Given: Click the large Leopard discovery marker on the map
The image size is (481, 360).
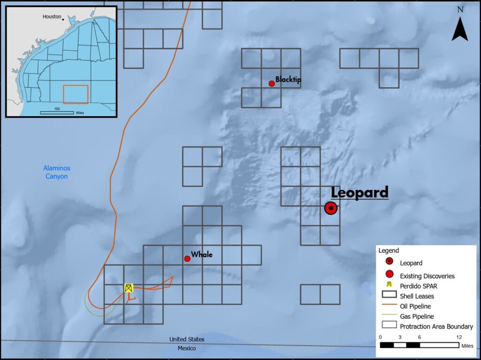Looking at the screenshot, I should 331,208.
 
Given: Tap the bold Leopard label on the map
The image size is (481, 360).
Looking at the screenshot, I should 360,192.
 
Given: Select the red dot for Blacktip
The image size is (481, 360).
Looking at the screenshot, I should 272,84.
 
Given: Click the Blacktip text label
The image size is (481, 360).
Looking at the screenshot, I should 288,79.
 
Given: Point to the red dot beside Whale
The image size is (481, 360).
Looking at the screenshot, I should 187,258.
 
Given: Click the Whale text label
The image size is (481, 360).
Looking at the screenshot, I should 202,255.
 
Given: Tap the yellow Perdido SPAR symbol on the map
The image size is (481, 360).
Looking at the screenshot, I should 129,288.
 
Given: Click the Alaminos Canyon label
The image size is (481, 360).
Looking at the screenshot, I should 56,172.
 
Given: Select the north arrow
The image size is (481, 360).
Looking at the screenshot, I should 460,30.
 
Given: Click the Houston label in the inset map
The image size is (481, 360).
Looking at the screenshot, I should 52,16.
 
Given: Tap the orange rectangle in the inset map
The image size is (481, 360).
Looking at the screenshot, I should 76,94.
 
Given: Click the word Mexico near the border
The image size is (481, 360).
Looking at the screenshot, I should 186,348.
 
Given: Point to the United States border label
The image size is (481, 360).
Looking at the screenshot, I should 186,339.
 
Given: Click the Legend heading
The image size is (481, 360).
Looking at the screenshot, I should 389,251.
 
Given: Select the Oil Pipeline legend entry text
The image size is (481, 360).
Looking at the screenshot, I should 415,306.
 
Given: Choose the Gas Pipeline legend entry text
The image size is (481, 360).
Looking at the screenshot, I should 417,316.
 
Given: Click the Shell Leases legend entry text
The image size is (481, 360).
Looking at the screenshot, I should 417,296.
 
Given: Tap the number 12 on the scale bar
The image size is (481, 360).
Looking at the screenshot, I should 459,337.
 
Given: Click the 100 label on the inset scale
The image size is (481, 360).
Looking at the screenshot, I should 57,109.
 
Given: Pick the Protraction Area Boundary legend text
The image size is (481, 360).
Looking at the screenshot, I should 436,326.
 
